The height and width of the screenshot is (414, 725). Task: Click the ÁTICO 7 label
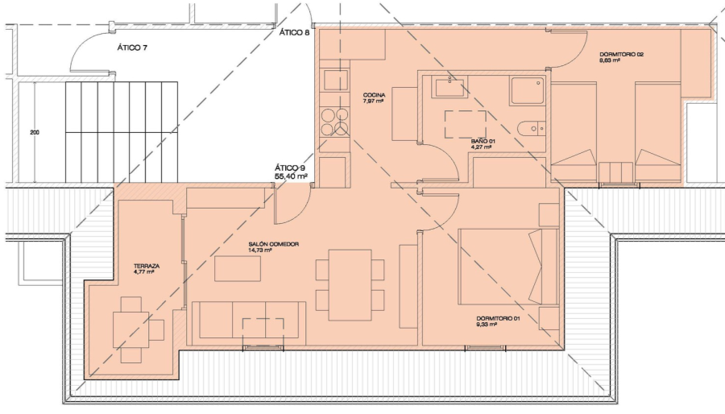tap(132, 48)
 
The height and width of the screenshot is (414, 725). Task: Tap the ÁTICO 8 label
tap(294, 32)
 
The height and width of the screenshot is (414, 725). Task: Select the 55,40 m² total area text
tap(292, 176)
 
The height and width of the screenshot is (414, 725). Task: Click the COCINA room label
tap(374, 95)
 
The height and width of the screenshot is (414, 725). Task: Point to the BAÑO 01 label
tap(481, 141)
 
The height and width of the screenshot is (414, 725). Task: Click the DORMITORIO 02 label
tap(621, 54)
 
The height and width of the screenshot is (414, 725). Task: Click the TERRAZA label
tap(147, 266)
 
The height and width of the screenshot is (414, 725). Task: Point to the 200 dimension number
tap(35, 133)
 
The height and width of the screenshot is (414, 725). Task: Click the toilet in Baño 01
tap(532, 128)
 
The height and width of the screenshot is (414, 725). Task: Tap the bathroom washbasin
tap(449, 87)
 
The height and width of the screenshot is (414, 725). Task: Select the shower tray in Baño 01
tap(528, 90)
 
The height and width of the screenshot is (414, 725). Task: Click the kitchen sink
tap(335, 80)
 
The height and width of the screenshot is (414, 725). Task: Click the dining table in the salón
tap(350, 285)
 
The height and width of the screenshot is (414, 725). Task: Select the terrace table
tap(130, 329)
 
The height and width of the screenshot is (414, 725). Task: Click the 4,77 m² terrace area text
tap(144, 272)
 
